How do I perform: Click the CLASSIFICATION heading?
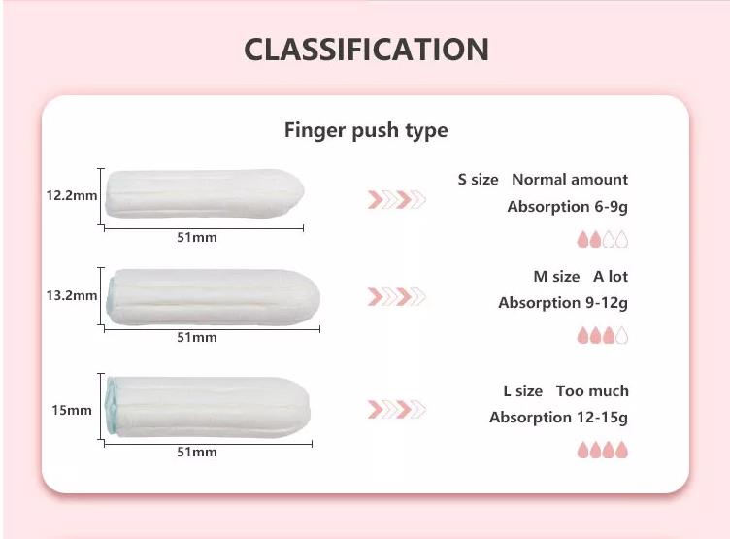[366, 50]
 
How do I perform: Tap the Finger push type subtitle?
[366, 130]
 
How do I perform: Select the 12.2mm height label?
[72, 195]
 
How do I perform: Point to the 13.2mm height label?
[72, 295]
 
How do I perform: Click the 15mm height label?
[72, 410]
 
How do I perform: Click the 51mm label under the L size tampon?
[196, 452]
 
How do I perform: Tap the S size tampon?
[204, 195]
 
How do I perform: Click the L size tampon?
[208, 407]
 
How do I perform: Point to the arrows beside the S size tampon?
[396, 200]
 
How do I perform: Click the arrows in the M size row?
[396, 296]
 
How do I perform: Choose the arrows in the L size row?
[396, 409]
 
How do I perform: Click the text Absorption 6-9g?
[567, 207]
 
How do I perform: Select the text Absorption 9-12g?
[563, 303]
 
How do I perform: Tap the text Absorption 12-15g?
[558, 418]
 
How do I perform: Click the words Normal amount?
[570, 180]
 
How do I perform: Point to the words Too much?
[592, 391]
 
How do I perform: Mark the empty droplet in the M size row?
[622, 336]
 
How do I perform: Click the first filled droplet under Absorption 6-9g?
[583, 239]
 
